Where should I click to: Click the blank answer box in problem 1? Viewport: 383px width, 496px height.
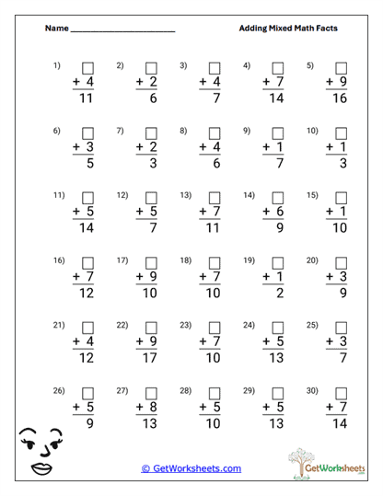(x=89, y=68)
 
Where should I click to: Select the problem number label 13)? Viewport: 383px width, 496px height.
(x=185, y=195)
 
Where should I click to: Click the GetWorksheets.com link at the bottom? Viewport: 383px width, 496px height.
(x=191, y=468)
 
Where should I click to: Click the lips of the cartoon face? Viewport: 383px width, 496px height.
(x=42, y=467)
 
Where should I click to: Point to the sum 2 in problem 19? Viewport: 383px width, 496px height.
(x=278, y=294)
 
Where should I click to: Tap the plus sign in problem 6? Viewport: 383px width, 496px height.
(x=77, y=147)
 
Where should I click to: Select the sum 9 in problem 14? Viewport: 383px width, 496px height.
(x=278, y=228)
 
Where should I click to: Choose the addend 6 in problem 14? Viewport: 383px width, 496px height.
(x=278, y=212)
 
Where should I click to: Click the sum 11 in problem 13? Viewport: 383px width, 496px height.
(x=215, y=228)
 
